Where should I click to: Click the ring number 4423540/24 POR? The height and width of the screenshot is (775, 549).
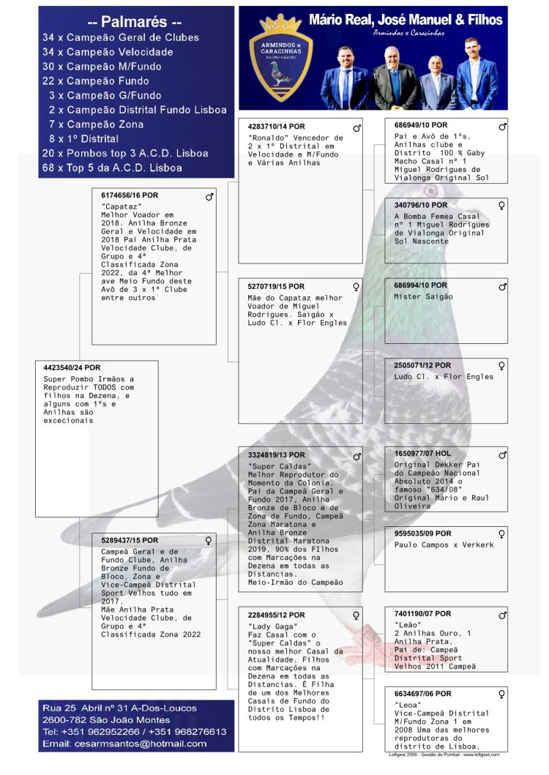(72, 367)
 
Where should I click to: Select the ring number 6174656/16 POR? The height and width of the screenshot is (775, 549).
(130, 195)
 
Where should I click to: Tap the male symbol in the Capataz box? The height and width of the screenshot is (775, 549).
(209, 197)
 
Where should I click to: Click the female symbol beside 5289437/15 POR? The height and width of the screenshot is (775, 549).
(209, 541)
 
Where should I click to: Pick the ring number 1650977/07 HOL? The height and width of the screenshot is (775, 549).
(421, 453)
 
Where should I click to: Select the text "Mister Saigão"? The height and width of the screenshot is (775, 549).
(423, 296)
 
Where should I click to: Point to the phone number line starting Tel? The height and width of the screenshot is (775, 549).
(134, 731)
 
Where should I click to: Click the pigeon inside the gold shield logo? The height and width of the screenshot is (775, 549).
(280, 73)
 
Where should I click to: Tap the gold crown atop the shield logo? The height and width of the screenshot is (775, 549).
(280, 23)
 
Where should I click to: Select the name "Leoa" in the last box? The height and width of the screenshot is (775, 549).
(407, 705)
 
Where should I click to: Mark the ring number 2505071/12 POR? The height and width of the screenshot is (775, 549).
(422, 365)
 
